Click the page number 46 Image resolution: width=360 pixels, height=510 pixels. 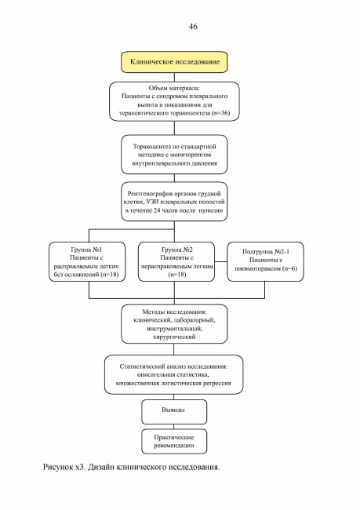[x=193, y=27]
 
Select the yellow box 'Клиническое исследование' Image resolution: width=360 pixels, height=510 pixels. [x=174, y=62]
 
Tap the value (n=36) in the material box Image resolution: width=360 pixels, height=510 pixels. [x=221, y=113]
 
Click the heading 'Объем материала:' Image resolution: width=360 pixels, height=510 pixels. [x=174, y=88]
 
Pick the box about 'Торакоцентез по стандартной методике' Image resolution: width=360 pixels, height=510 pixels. [x=174, y=155]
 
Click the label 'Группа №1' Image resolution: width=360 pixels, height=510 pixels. [x=86, y=250]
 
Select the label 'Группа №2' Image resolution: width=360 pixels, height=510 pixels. [x=177, y=250]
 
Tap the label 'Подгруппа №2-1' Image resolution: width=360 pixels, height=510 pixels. [x=266, y=251]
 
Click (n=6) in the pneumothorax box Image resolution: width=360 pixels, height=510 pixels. [x=289, y=268]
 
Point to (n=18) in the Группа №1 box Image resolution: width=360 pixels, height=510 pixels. [x=110, y=275]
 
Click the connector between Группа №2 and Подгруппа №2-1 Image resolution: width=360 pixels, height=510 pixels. [x=221, y=261]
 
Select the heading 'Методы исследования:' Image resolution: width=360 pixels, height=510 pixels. [x=174, y=311]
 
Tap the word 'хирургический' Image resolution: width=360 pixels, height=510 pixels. [x=174, y=337]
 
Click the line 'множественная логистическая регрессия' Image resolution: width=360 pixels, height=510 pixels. [x=173, y=383]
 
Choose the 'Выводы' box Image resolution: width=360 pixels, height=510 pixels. [x=174, y=412]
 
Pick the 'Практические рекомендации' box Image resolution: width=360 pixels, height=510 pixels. [x=174, y=442]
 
